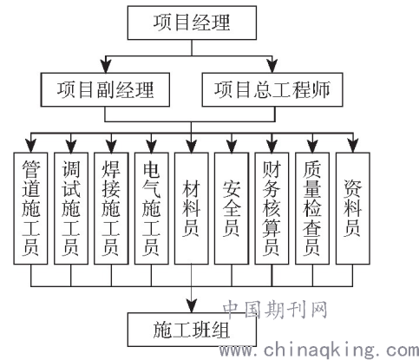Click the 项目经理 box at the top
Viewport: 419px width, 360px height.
pyautogui.click(x=192, y=23)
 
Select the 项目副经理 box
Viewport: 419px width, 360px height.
pyautogui.click(x=105, y=89)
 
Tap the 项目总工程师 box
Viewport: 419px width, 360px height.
pyautogui.click(x=272, y=89)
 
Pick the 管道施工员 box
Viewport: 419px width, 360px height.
pyautogui.click(x=30, y=208)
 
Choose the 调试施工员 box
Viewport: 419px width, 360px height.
pyautogui.click(x=71, y=208)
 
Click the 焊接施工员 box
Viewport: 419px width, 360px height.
pyautogui.click(x=111, y=208)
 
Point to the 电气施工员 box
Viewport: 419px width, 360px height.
pyautogui.click(x=151, y=208)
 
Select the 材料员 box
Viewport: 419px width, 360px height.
pyautogui.click(x=191, y=208)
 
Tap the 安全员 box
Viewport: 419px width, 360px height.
pyautogui.click(x=232, y=208)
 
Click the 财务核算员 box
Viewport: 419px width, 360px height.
pyautogui.click(x=272, y=208)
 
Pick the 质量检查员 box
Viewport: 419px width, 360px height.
pyautogui.click(x=312, y=208)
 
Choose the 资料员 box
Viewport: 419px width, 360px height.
pyautogui.click(x=352, y=208)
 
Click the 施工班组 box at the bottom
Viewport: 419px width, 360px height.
pyautogui.click(x=192, y=330)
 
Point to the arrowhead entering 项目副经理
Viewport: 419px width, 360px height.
pyautogui.click(x=107, y=66)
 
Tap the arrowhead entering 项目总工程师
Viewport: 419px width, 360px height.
pyautogui.click(x=272, y=66)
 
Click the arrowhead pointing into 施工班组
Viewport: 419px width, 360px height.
pyautogui.click(x=192, y=306)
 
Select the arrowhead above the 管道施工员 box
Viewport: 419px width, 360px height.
pyautogui.click(x=30, y=146)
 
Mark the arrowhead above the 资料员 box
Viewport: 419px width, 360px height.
pyautogui.click(x=352, y=146)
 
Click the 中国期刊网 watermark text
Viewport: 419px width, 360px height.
pyautogui.click(x=275, y=310)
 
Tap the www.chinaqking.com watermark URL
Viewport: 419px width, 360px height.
pyautogui.click(x=319, y=350)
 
